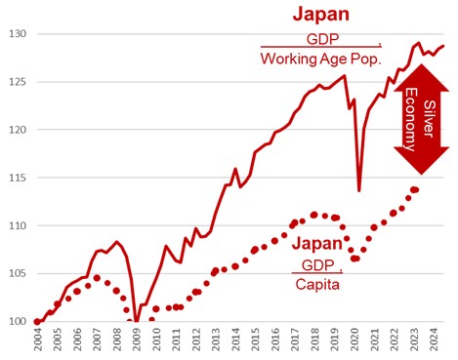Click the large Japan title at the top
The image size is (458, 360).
[321, 15]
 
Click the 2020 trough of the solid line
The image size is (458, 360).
[358, 189]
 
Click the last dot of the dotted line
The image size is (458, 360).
[415, 189]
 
